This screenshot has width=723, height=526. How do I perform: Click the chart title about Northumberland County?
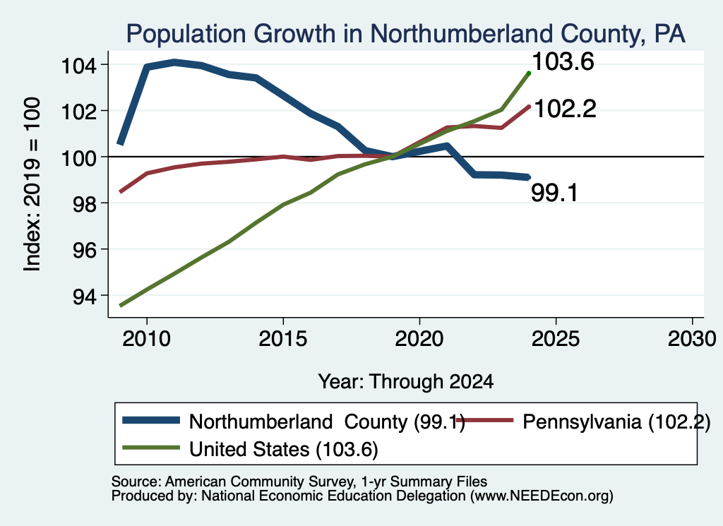click(x=405, y=34)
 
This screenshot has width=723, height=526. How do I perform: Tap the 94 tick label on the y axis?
click(x=85, y=297)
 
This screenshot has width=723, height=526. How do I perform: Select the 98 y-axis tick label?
click(x=85, y=204)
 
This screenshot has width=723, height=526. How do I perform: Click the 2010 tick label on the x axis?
click(x=147, y=339)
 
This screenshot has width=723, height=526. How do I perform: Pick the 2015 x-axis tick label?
click(x=282, y=339)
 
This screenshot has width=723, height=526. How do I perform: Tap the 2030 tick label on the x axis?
click(x=692, y=339)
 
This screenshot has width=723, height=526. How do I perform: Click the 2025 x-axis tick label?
click(x=556, y=339)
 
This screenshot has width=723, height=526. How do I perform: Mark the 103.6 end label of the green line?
click(x=563, y=61)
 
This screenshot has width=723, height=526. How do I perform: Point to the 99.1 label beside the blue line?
click(x=555, y=193)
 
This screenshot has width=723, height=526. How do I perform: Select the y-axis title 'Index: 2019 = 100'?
click(x=32, y=184)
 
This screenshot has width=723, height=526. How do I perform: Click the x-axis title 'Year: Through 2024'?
click(x=406, y=382)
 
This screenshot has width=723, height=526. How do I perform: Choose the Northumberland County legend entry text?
click(x=327, y=422)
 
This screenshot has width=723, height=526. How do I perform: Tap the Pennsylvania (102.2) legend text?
click(x=616, y=422)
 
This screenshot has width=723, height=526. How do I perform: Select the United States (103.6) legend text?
click(x=284, y=449)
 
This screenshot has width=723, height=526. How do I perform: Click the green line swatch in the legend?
click(x=151, y=448)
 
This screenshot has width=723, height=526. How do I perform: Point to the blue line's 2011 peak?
click(x=174, y=62)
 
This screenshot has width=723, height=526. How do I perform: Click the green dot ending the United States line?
click(x=529, y=73)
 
